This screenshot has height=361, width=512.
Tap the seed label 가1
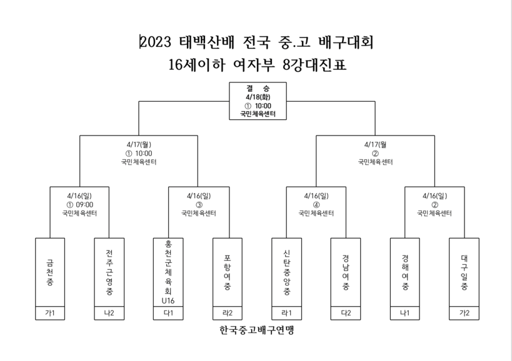(x=50, y=313)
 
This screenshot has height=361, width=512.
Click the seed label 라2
(x=228, y=313)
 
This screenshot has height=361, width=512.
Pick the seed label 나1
(x=405, y=313)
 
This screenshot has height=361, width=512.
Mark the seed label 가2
(x=464, y=313)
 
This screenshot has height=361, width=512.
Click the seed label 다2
(x=346, y=313)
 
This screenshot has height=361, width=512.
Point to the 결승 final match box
(x=258, y=101)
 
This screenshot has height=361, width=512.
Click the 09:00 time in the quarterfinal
(x=84, y=205)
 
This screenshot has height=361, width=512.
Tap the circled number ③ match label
(x=199, y=205)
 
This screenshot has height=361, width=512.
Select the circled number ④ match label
(x=316, y=205)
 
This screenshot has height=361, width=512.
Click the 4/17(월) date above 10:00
(x=139, y=144)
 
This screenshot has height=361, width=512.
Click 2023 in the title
(x=156, y=42)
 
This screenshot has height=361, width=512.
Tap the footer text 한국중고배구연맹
(x=257, y=330)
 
